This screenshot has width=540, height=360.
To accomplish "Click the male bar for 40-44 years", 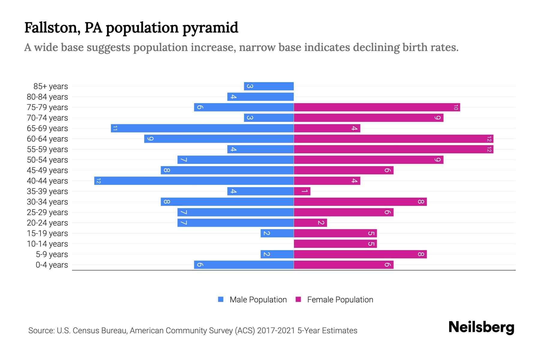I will pos(194,181).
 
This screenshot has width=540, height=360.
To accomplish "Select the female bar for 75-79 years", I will pos(377,107).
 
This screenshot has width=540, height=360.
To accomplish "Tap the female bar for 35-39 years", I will pos(302,191).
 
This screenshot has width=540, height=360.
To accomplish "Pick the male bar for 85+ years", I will pos(269,86).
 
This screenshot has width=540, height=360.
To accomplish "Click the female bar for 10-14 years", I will pos(335,244).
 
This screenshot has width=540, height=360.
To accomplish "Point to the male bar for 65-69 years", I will pos(202,128).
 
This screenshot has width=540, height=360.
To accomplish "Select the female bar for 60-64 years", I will pos(393,139).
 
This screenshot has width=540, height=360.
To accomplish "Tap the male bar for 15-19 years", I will pos(277,233).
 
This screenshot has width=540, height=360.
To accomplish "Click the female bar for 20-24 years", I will pos(310,223).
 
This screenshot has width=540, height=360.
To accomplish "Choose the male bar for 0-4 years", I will pos(244,265).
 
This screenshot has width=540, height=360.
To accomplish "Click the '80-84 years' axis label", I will pos(47,97).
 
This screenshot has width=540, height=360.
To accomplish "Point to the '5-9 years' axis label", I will pos(52,254).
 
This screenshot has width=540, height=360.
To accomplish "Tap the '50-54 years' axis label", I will pos(47,160).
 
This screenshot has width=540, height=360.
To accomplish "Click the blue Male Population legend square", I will pos(221,299).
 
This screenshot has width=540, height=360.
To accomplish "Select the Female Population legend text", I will pos(340,300).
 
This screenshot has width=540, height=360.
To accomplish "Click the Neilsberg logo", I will pos(481,327).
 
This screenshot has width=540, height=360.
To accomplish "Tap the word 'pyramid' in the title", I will pos(210,28).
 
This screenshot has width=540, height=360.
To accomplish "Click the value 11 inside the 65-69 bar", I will pos(115,128).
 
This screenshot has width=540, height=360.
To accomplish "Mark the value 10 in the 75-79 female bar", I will pos(456,107).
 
